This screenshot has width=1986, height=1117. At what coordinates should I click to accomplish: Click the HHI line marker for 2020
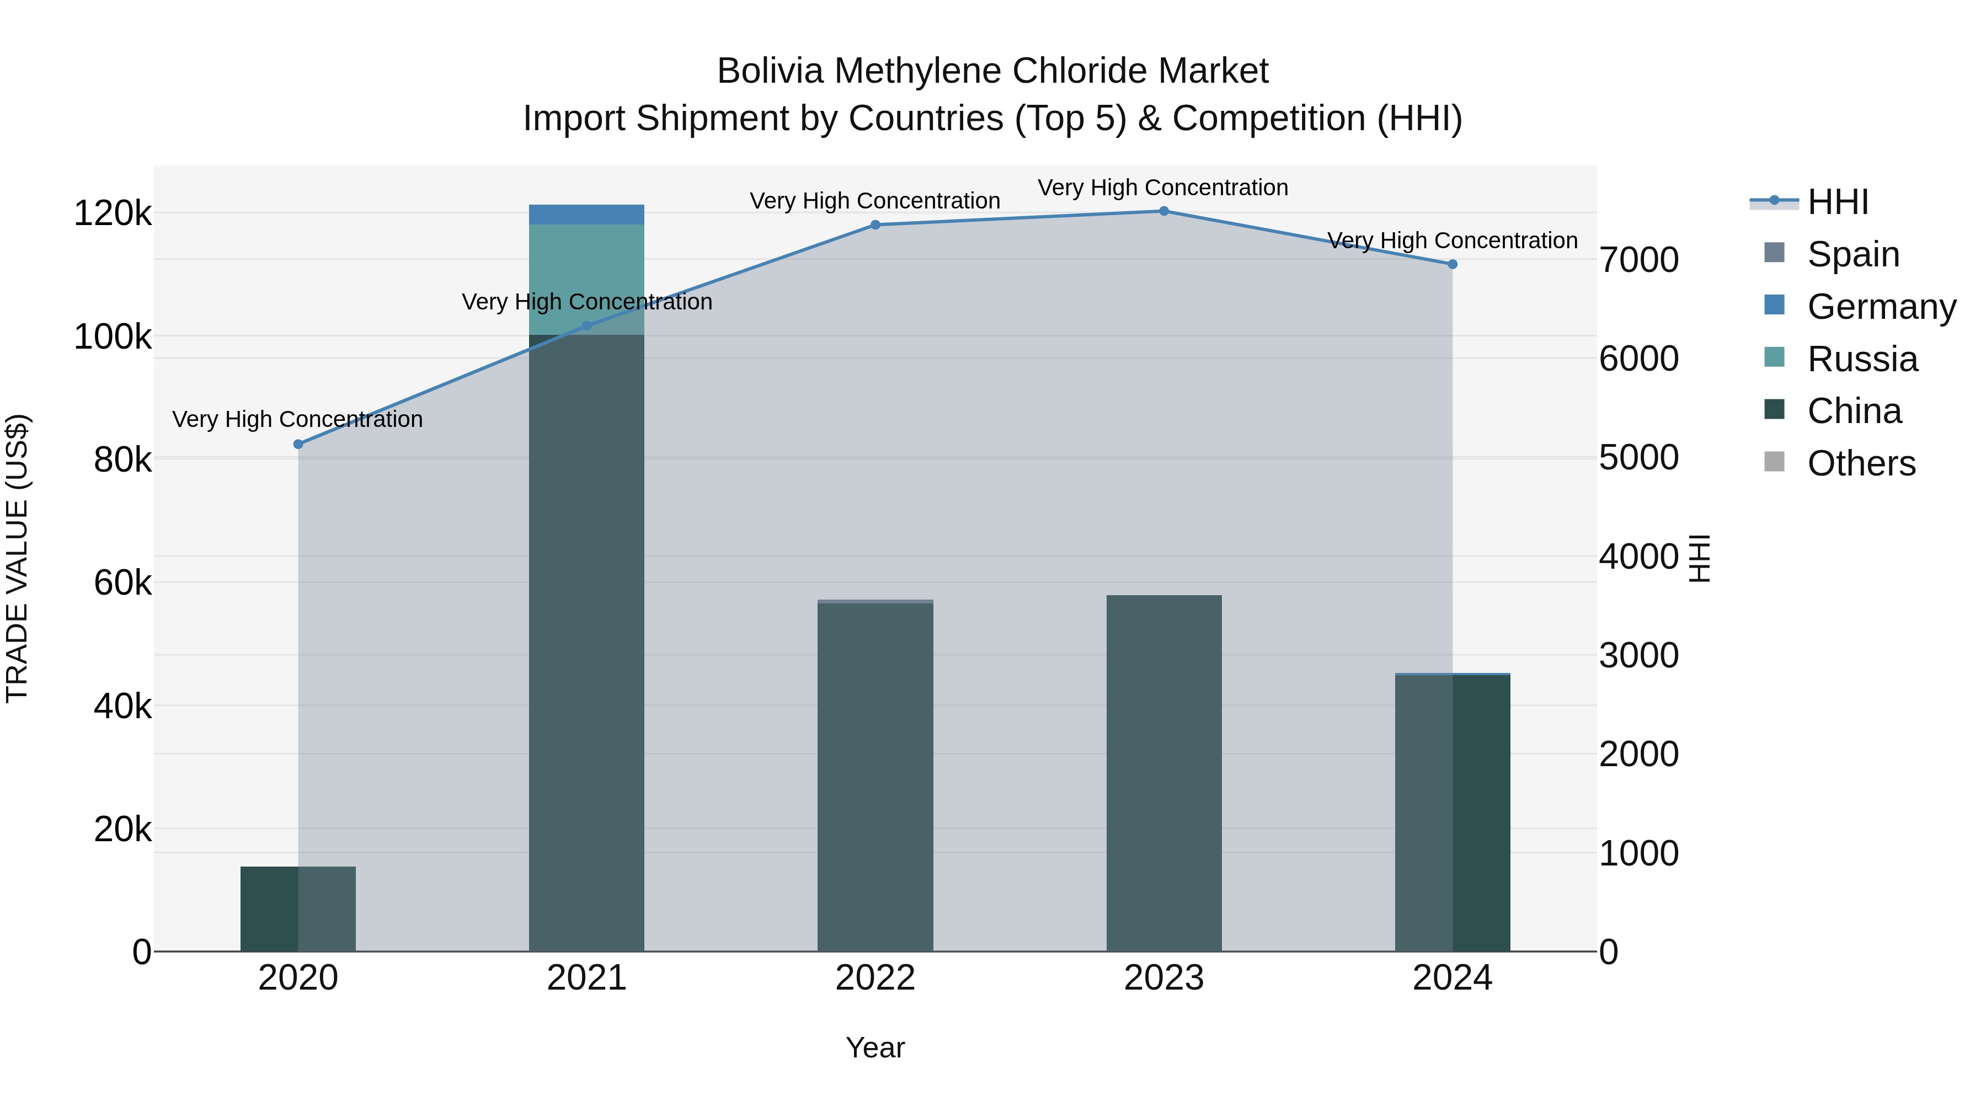point(298,444)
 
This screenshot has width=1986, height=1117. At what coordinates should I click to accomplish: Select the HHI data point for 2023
point(1164,211)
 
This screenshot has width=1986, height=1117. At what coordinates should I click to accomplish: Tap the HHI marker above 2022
point(875,225)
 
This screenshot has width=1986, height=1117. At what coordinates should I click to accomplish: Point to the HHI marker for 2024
point(1453,264)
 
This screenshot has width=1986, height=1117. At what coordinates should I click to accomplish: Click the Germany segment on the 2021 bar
point(587,215)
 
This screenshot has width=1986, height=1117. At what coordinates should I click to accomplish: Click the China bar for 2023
point(1164,771)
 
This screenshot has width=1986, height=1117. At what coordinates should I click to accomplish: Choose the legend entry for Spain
point(1852,254)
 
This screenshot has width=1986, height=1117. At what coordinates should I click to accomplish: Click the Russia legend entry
point(1862,359)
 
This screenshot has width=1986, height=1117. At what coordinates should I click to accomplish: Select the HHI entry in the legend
point(1837,202)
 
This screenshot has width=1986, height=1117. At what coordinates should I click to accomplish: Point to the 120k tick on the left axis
point(113,213)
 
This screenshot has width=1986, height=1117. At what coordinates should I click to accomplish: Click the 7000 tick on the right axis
point(1639,260)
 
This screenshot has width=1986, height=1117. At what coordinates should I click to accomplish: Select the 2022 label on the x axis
point(875,977)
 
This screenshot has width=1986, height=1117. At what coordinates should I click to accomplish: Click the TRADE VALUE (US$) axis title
point(18,558)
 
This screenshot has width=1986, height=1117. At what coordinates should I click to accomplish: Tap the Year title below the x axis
point(875,1047)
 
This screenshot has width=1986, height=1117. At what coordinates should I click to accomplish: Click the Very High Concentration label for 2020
point(297,419)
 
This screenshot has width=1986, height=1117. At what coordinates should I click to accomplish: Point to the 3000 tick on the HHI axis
point(1639,655)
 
